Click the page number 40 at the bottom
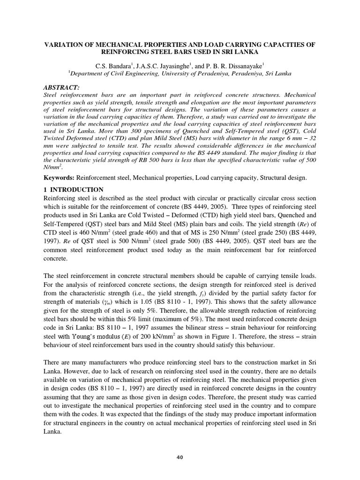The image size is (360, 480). pos(180,457)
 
